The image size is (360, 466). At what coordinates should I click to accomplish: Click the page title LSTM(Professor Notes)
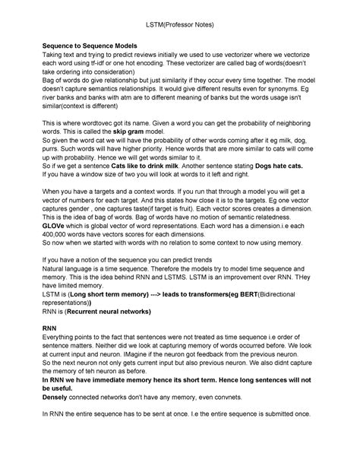click(180, 25)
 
